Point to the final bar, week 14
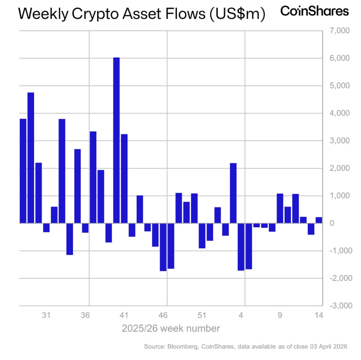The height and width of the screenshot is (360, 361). tap(319, 220)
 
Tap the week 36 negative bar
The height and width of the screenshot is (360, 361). tap(85, 228)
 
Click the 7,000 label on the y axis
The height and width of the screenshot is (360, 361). tap(338, 31)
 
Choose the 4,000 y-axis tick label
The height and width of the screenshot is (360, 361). tap(338, 113)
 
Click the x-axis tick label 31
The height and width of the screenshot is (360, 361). tap(46, 315)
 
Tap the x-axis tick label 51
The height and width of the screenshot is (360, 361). tap(202, 315)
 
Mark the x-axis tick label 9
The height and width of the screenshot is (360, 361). tap(280, 315)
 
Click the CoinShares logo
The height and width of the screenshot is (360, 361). tap(314, 11)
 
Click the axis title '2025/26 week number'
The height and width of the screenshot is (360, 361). tap(171, 328)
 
